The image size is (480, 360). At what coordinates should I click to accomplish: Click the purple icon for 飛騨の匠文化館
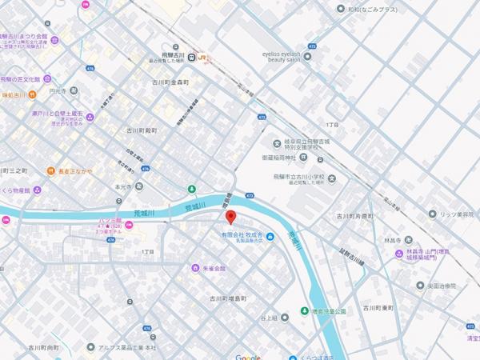click(x=47, y=78)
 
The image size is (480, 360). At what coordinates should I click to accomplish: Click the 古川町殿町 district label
click(x=140, y=130)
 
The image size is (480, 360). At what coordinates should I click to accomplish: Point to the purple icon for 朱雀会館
click(x=194, y=268)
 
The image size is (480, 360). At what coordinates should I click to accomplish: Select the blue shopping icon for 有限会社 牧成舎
click(x=270, y=237)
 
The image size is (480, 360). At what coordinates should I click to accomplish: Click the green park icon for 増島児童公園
click(x=304, y=310)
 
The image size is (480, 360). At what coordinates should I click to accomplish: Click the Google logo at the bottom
click(x=248, y=356)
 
